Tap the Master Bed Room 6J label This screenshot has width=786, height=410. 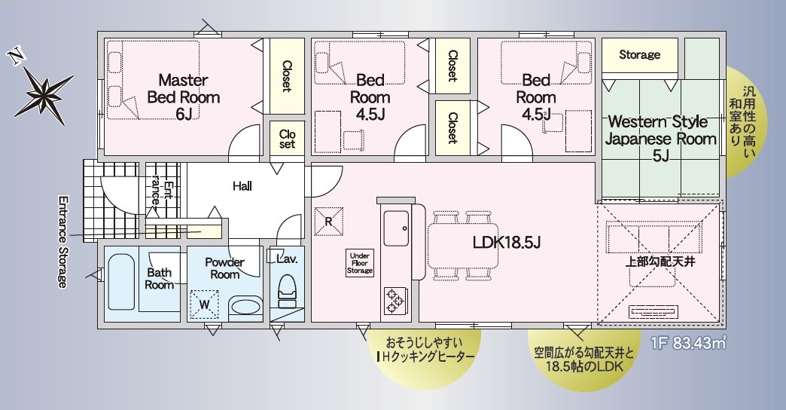click(184, 97)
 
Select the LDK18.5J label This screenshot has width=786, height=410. click(506, 243)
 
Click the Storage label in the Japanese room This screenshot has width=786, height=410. click(640, 54)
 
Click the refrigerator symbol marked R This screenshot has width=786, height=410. click(329, 222)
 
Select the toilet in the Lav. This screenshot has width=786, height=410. click(288, 291)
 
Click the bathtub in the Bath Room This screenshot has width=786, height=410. click(121, 282)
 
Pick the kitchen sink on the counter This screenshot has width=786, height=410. click(396, 228)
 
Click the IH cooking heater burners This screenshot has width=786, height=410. click(394, 301)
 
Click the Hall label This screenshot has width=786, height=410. click(242, 187)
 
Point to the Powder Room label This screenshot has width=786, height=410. click(224, 268)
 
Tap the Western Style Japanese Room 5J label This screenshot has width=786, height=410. click(661, 139)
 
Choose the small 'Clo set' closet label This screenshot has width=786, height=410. click(288, 139)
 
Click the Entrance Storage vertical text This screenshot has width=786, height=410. click(62, 241)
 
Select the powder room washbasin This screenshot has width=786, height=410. click(245, 307)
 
